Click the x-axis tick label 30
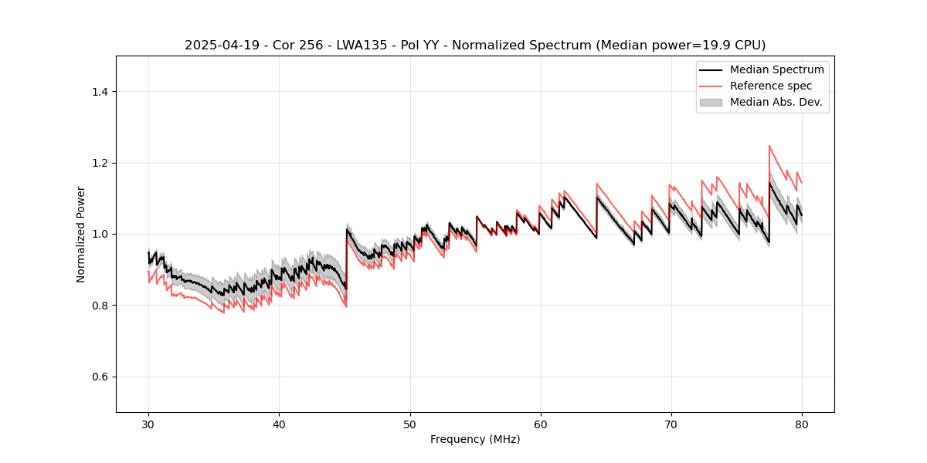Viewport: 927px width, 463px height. tap(148, 424)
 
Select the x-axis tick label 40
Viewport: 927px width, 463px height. tap(279, 424)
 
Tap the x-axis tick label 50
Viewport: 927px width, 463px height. tap(409, 424)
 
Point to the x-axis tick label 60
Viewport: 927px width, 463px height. tap(540, 424)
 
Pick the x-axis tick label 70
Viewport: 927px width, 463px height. tap(671, 424)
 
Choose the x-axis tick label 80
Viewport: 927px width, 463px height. tap(801, 424)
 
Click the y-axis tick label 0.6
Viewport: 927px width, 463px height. tap(100, 377)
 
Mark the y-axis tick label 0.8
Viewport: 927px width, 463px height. tap(100, 306)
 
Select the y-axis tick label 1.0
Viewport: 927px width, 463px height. tap(100, 235)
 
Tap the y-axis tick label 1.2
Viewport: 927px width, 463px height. tap(100, 163)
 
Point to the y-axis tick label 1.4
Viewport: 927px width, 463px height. tap(100, 92)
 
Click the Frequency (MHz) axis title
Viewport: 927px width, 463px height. tap(475, 439)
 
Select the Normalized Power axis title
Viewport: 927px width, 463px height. tap(81, 234)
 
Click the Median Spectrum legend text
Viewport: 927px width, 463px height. tap(776, 69)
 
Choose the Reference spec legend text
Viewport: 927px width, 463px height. tap(771, 86)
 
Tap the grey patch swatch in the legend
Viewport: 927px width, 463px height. tap(711, 102)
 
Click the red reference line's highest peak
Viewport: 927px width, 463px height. tap(769, 146)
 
